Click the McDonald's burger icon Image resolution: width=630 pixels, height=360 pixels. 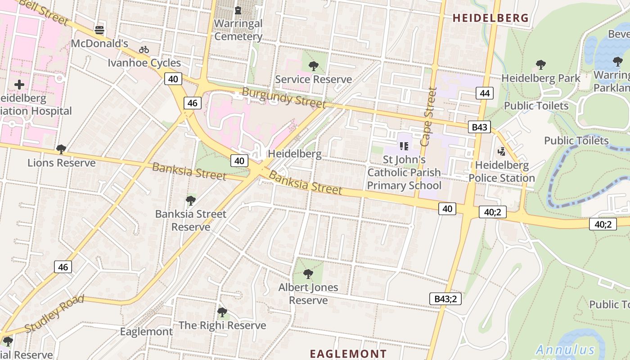coord(99,30)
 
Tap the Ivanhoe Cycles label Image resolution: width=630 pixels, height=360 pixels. coord(144,63)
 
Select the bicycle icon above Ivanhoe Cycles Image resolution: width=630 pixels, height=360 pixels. coord(144,49)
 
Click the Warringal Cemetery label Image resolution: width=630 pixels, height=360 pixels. coord(238,30)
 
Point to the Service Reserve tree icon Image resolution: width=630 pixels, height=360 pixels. coord(314,66)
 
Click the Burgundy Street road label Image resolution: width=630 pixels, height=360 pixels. coord(283,98)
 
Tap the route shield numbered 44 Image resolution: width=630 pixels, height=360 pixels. coord(484,93)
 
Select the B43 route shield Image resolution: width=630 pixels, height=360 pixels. coord(479,127)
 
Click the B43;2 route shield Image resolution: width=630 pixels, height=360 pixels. coord(445,299)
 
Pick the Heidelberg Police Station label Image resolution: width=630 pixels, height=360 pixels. coord(502,171)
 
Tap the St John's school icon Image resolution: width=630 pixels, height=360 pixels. coord(404,146)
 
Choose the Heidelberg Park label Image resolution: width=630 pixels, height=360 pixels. coord(541,78)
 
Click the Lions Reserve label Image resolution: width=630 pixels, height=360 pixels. coord(62,162)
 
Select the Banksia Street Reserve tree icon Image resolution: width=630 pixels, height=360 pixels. coord(191,200)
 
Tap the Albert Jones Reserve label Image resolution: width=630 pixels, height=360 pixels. coord(308,293)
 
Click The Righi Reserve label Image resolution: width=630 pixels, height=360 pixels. coord(222,325)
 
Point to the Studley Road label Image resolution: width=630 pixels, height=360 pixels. coord(54,314)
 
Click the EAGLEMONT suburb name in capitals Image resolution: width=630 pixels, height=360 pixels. coord(348,354)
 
